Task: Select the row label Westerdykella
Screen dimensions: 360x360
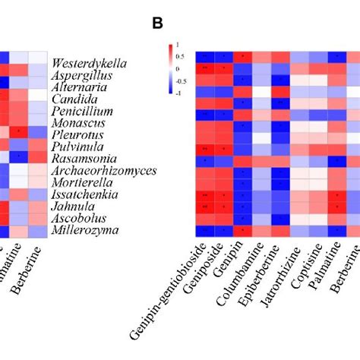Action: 89,63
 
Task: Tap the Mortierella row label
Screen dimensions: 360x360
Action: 84,182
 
